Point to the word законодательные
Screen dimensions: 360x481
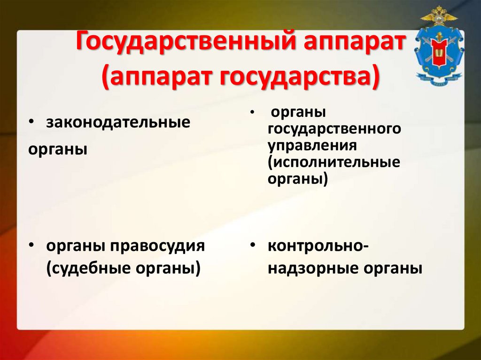(x=118, y=123)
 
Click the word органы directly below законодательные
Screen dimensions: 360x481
(x=58, y=150)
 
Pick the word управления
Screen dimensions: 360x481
(x=313, y=145)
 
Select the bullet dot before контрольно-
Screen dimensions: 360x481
(x=253, y=246)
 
